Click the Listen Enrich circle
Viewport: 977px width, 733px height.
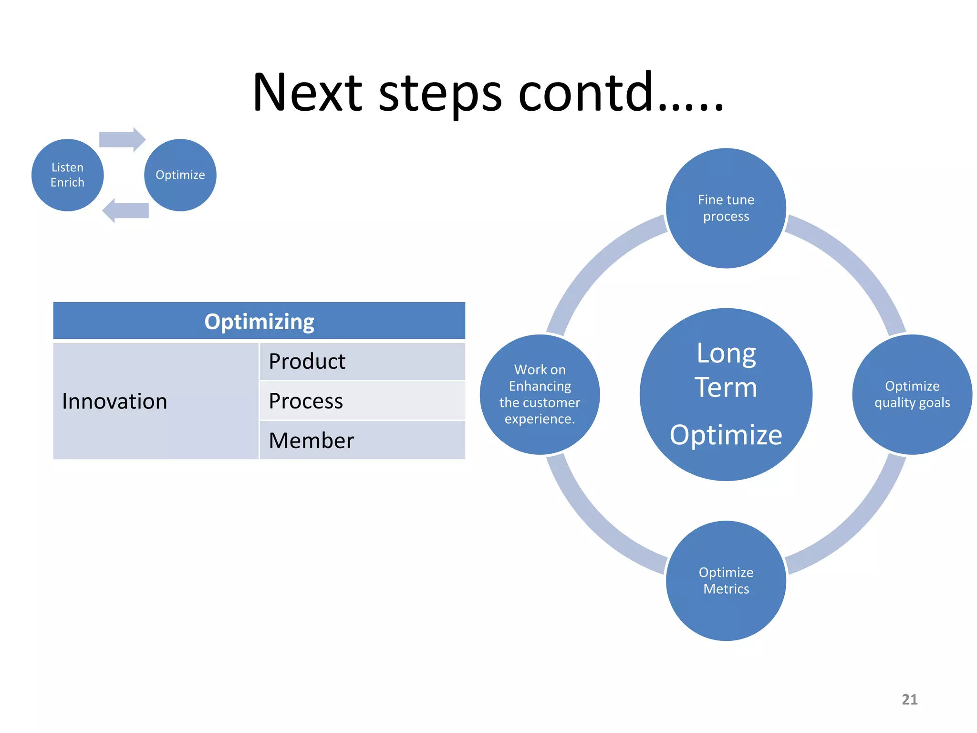pyautogui.click(x=67, y=175)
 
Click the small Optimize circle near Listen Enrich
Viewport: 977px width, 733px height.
pyautogui.click(x=180, y=175)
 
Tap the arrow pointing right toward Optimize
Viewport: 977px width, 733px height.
pyautogui.click(x=122, y=139)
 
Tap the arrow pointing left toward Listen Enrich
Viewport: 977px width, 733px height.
pyautogui.click(x=125, y=210)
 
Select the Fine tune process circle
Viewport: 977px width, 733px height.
pyautogui.click(x=726, y=209)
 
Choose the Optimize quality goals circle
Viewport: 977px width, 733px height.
pyautogui.click(x=912, y=395)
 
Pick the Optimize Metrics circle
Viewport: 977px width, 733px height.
pyautogui.click(x=726, y=581)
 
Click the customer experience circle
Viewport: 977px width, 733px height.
pyautogui.click(x=540, y=395)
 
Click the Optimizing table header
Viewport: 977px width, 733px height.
pyautogui.click(x=259, y=321)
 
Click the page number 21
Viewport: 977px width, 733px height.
pyautogui.click(x=909, y=700)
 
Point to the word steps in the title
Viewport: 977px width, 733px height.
pyautogui.click(x=440, y=94)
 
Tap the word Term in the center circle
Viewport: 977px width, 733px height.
pyautogui.click(x=726, y=387)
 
